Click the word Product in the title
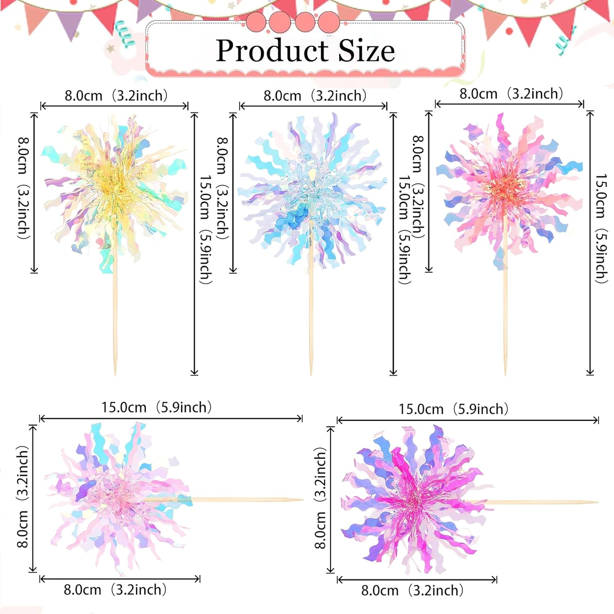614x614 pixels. pyautogui.click(x=272, y=51)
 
